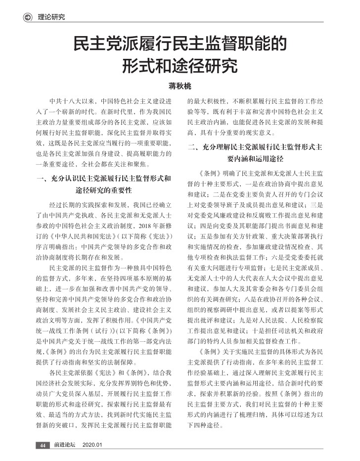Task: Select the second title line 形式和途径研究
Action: click(180, 65)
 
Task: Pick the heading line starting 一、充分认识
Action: click(101, 178)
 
